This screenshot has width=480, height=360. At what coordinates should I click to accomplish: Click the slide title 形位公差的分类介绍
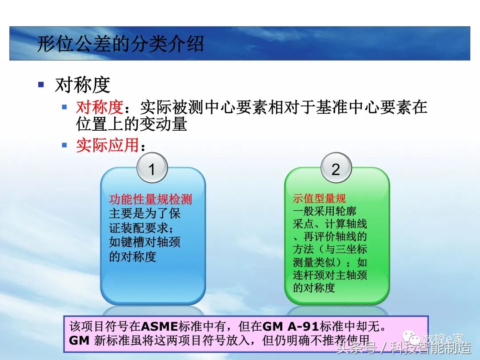120,44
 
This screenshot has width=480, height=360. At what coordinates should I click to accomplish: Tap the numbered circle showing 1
152,169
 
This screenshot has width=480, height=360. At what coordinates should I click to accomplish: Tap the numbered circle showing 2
336,169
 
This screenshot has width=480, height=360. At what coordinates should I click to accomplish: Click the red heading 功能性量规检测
151,200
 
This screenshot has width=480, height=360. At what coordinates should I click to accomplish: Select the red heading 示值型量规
319,198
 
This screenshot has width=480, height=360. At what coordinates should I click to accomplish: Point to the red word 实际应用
107,145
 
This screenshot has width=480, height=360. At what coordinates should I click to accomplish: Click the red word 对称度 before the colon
99,107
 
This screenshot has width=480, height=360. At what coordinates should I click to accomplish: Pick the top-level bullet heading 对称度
83,84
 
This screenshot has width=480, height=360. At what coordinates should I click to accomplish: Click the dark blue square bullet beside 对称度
41,84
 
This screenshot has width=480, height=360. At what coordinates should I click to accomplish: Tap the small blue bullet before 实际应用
64,145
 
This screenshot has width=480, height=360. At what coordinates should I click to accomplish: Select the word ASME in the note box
160,326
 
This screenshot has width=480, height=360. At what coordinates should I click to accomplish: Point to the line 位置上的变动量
131,124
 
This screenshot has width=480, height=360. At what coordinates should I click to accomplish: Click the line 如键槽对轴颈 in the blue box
145,242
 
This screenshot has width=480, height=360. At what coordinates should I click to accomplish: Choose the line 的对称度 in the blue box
133,256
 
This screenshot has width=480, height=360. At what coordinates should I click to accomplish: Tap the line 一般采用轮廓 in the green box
324,211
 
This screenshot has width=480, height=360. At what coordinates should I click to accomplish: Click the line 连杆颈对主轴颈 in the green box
330,275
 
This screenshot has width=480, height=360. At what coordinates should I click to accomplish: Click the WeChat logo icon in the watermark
415,339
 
